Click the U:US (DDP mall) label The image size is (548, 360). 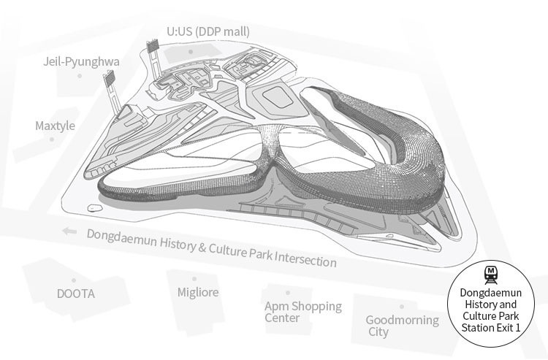pyautogui.click(x=208, y=32)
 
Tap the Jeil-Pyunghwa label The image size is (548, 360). pyautogui.click(x=81, y=62)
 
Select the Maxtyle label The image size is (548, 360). pyautogui.click(x=56, y=126)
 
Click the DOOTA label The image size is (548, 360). pyautogui.click(x=76, y=294)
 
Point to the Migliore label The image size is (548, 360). pyautogui.click(x=198, y=292)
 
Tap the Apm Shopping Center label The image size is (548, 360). pyautogui.click(x=303, y=312)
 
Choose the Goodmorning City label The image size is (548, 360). pyautogui.click(x=403, y=326)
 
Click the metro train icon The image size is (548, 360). pyautogui.click(x=491, y=275)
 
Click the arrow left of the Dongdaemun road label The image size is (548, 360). pyautogui.click(x=69, y=231)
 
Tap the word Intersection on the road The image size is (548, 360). pyautogui.click(x=305, y=258)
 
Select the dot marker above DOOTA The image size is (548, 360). pyautogui.click(x=74, y=280)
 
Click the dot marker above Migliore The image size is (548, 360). pyautogui.click(x=194, y=279)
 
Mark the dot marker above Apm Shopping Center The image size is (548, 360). pyautogui.click(x=288, y=293)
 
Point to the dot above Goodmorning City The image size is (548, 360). pyautogui.click(x=402, y=307)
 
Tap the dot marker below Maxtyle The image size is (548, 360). pyautogui.click(x=52, y=139)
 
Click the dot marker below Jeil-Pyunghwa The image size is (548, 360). pyautogui.click(x=80, y=76)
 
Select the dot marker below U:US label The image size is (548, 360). pyautogui.click(x=191, y=52)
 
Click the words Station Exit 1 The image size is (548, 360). pyautogui.click(x=491, y=328)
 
